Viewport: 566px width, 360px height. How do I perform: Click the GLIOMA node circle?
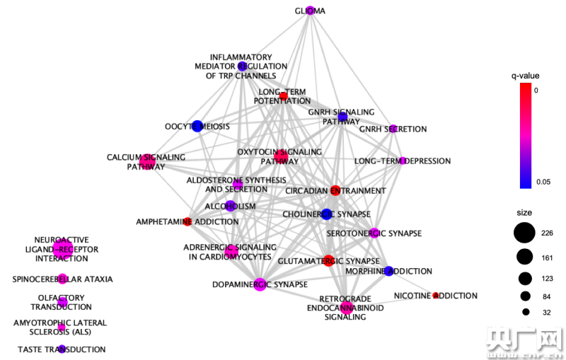point(310,10)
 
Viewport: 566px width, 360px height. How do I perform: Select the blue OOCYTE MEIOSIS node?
point(197,126)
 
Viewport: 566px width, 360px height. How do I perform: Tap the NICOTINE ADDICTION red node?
point(436,295)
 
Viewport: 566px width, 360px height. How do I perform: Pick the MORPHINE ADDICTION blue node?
point(388,271)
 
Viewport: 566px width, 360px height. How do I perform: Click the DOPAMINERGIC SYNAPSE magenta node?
point(259,284)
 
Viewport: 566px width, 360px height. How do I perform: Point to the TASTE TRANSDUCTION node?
point(62,349)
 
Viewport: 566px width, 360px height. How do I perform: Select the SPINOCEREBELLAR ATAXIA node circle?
point(62,278)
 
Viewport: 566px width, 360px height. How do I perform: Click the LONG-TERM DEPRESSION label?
point(403,161)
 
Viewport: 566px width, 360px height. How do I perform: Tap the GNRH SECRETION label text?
point(393,129)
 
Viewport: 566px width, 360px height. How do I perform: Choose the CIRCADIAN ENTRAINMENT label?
point(335,191)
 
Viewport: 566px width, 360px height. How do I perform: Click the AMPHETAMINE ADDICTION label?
point(187,222)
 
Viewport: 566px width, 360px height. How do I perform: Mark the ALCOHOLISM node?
point(230,206)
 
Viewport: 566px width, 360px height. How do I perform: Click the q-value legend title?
point(526,76)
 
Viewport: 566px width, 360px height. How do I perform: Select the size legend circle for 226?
point(524,233)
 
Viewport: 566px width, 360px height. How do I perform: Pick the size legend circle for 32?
point(526,311)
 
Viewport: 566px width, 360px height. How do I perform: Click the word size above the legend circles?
point(524,212)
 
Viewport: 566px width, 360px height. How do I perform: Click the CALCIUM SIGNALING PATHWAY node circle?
point(147,161)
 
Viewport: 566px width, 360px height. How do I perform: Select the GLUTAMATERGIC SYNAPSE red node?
point(328,260)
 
